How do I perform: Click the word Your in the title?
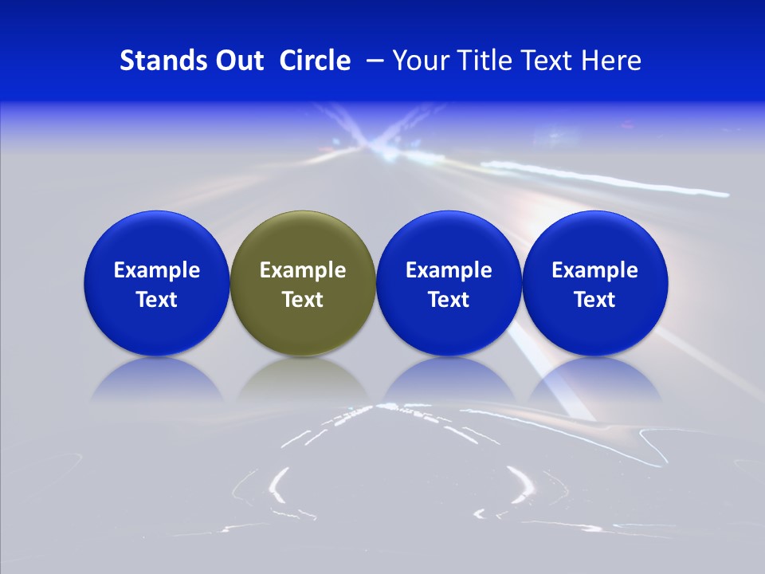[x=419, y=61]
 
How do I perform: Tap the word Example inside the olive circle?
[x=303, y=270]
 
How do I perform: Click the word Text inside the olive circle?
[x=303, y=300]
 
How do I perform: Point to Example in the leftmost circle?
[x=156, y=270]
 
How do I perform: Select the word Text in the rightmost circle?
[x=594, y=300]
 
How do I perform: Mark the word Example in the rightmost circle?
[x=594, y=270]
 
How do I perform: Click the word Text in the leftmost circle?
[x=156, y=300]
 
